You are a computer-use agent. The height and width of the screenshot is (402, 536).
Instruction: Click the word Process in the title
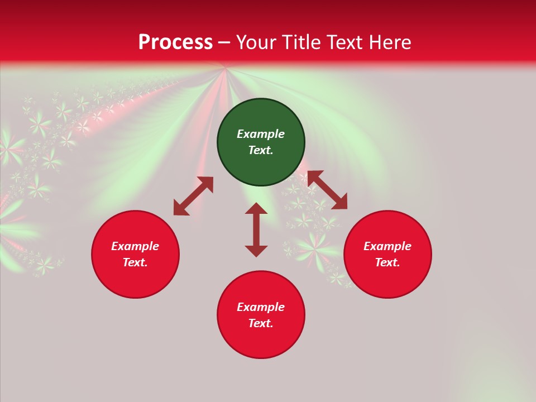(x=175, y=42)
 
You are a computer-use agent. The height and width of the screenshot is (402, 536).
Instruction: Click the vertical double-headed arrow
(x=256, y=229)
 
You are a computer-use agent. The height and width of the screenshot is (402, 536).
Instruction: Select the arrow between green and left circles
(x=193, y=196)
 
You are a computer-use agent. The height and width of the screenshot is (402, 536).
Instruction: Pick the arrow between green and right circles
(x=327, y=190)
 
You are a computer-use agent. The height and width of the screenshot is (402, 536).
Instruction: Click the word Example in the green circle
(x=261, y=134)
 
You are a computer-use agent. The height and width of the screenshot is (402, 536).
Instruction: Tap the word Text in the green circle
(x=260, y=150)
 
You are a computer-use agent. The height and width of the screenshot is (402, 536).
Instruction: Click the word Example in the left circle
(x=135, y=246)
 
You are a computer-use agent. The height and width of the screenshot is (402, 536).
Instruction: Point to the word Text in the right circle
(x=387, y=262)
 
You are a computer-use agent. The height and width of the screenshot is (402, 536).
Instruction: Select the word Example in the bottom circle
(x=261, y=307)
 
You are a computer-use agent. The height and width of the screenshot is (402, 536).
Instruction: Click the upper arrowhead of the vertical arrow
(x=256, y=208)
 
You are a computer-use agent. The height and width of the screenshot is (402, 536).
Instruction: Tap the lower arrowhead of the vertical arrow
(x=256, y=251)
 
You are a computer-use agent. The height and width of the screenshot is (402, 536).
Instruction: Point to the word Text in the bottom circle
(x=260, y=323)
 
